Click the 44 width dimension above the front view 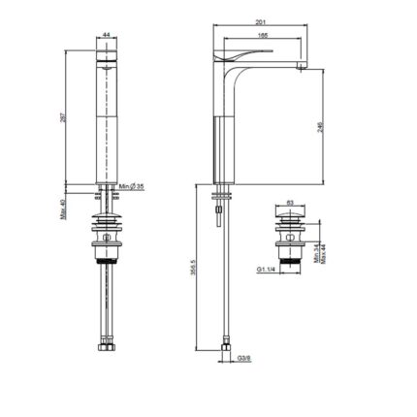point(106,36)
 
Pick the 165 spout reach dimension point(263,37)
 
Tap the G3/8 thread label point(245,358)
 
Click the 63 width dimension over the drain point(291,204)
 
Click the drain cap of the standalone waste point(291,219)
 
